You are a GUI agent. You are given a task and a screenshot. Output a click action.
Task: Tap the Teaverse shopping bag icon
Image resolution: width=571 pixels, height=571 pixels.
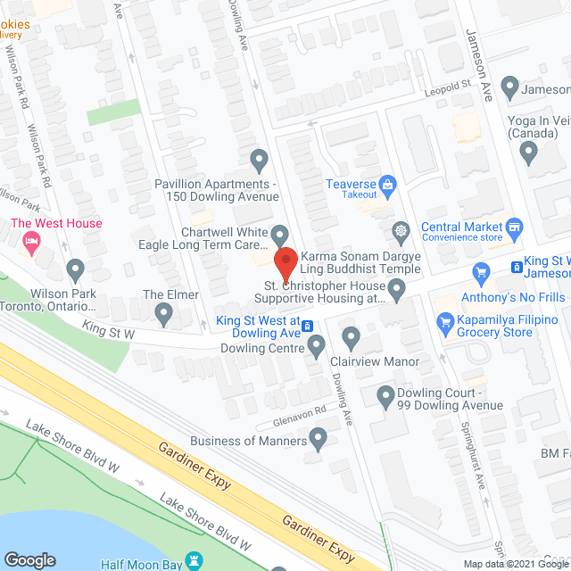387,185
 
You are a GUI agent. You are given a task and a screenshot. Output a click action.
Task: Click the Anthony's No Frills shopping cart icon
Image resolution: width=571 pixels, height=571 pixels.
482,272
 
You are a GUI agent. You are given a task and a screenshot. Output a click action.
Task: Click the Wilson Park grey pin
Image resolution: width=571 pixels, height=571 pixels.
75,268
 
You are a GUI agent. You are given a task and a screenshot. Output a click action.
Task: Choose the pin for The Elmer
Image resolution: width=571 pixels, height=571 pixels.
163,312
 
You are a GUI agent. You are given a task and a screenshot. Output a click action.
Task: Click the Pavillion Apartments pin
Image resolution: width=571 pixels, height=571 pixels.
259,161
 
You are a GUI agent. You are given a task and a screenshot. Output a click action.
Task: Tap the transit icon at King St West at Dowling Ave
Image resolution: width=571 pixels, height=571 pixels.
306,325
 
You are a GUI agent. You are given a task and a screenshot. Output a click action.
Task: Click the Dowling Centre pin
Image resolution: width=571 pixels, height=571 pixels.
316,344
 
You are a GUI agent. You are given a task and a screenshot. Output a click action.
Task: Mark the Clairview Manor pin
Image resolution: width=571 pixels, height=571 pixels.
351,338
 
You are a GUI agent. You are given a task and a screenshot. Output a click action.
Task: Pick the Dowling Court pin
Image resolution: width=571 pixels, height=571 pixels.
385,394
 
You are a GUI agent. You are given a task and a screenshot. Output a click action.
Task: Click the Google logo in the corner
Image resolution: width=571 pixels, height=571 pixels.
29,559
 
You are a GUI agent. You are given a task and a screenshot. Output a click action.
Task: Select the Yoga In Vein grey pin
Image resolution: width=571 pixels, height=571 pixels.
528,152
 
